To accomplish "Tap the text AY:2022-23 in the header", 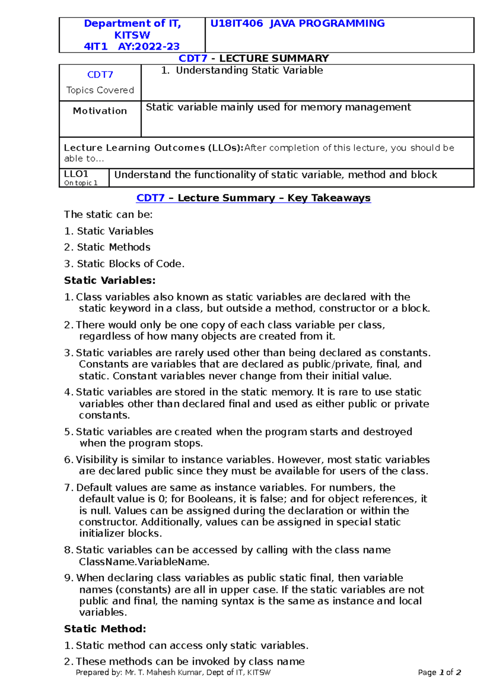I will [x=149, y=47].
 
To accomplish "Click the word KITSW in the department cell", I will [x=132, y=35].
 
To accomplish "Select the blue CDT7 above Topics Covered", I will [x=100, y=75].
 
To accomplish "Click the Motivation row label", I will [x=100, y=111].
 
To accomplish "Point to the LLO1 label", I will [x=76, y=174].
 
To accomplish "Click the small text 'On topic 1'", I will [x=81, y=183].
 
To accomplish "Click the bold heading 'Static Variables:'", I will [x=110, y=280].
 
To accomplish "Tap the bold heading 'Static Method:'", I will [x=105, y=629].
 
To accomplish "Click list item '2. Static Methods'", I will [x=107, y=247].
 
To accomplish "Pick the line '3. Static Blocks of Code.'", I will [x=124, y=264].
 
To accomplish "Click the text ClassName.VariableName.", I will [x=144, y=562].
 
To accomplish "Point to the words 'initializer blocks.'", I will [x=120, y=533].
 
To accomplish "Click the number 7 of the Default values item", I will [x=67, y=488].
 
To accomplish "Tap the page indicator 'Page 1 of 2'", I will [x=439, y=672].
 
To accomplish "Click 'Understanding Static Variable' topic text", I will [x=249, y=71].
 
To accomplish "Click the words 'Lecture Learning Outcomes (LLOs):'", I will [x=154, y=148].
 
